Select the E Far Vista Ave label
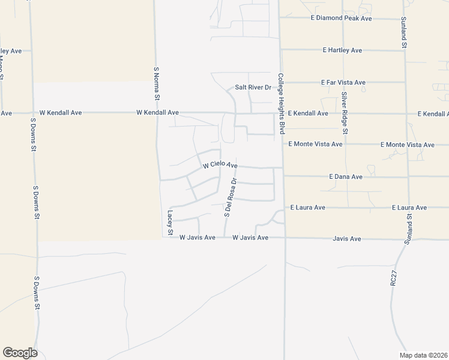click(343, 82)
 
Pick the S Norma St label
click(157, 83)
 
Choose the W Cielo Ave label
click(220, 164)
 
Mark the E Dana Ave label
click(346, 177)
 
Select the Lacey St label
click(170, 223)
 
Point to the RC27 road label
click(393, 280)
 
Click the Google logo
click(20, 353)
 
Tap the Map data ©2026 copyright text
click(423, 355)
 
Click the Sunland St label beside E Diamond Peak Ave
click(404, 33)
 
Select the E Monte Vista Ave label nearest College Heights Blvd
click(315, 145)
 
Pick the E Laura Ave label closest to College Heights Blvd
click(307, 208)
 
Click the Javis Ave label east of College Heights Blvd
click(347, 239)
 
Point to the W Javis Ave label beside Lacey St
click(197, 238)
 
